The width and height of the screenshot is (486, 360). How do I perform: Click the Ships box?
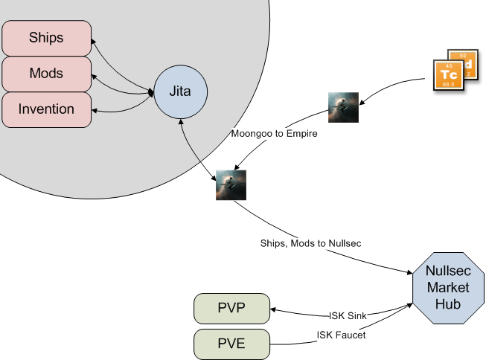tap(46, 37)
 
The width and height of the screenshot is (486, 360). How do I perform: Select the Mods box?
tap(46, 74)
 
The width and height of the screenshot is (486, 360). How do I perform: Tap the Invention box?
tap(46, 109)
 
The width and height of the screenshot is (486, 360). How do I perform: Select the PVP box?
tap(231, 309)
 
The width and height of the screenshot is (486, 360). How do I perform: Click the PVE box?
tap(231, 344)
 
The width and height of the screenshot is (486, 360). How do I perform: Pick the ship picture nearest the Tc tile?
tap(344, 107)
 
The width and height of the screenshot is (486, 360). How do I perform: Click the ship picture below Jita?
tap(231, 184)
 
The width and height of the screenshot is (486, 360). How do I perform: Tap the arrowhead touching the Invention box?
tap(95, 111)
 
